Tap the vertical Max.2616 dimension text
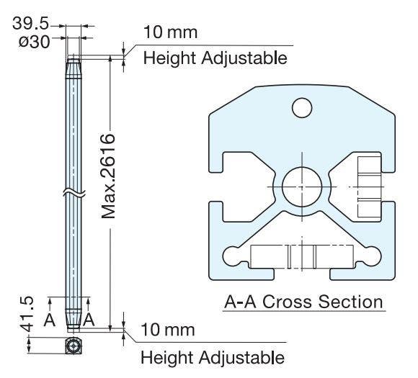[109, 176]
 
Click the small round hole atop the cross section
[302, 109]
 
